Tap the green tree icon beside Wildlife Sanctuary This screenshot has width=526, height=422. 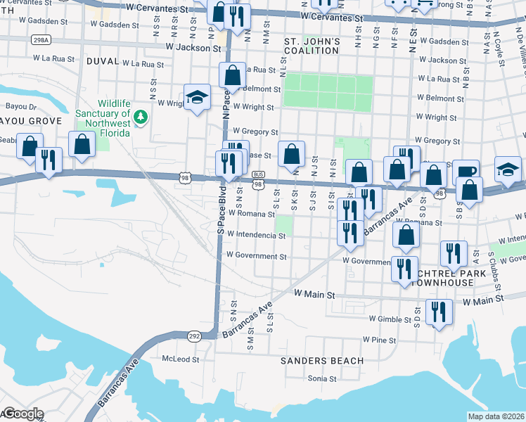click(x=141, y=115)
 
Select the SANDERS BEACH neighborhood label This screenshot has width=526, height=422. click(x=322, y=361)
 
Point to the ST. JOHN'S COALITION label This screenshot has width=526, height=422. click(x=312, y=46)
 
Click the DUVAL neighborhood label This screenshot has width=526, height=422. click(x=103, y=62)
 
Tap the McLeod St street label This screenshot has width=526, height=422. click(x=181, y=359)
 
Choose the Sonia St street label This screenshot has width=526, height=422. click(x=323, y=378)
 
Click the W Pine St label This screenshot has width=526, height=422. click(x=380, y=340)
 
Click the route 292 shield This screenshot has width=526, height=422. click(x=194, y=336)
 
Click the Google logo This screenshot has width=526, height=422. click(x=23, y=414)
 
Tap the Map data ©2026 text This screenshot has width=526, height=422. click(x=496, y=416)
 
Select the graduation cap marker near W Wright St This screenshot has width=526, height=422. click(x=198, y=98)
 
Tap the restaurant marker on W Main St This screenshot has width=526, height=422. click(x=439, y=311)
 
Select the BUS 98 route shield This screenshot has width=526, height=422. click(x=258, y=179)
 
